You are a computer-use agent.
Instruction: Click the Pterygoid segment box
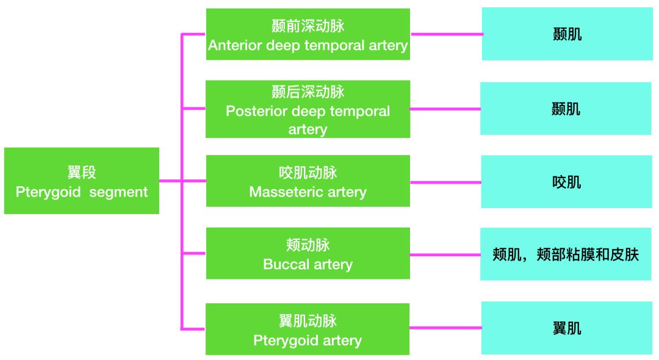(x=81, y=181)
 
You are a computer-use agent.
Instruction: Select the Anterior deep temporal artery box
(x=308, y=34)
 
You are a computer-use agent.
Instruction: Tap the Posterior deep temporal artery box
(x=308, y=109)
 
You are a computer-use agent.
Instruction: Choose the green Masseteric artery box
(x=308, y=181)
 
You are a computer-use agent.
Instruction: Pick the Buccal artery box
(x=308, y=253)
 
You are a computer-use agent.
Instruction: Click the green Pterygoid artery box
(x=308, y=329)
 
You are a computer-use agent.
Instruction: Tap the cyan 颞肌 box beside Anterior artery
(x=567, y=34)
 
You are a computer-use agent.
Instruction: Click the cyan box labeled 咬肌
(x=567, y=182)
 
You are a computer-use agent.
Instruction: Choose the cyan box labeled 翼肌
(x=567, y=328)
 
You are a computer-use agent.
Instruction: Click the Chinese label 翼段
(x=82, y=172)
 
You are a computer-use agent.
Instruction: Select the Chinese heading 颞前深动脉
(x=308, y=26)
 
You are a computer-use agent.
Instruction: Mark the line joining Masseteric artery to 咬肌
(x=445, y=182)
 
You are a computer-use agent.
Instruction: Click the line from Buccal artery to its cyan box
(x=445, y=254)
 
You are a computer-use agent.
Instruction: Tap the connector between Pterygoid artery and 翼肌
(x=445, y=328)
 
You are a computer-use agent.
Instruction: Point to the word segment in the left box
(x=118, y=192)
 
